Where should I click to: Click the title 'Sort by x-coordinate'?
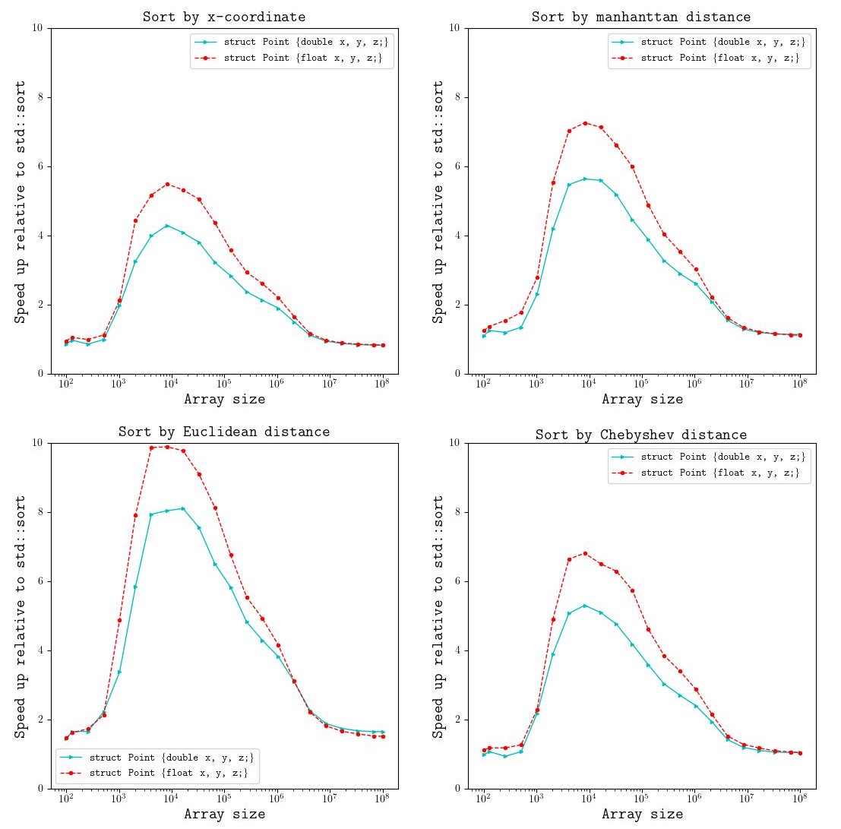tap(224, 17)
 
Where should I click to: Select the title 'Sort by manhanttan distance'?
tap(640, 17)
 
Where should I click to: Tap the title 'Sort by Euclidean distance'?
tap(224, 432)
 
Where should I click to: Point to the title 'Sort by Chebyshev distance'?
tap(640, 435)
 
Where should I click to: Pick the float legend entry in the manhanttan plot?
tap(720, 58)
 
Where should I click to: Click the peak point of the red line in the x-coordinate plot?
tap(167, 184)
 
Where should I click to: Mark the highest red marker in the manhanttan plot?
tap(585, 123)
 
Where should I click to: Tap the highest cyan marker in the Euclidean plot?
tap(183, 508)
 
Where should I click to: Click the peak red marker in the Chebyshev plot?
tap(585, 553)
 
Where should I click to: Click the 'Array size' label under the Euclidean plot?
tap(224, 815)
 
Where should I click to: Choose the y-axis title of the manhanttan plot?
tap(438, 201)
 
